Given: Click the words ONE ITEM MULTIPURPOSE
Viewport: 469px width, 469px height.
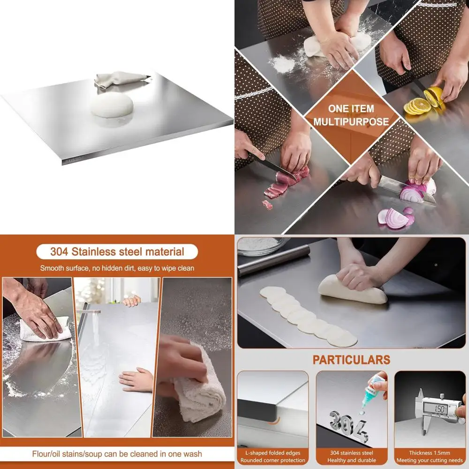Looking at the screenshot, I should [x=351, y=115].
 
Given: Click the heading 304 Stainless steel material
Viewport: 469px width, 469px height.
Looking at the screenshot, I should [x=117, y=251].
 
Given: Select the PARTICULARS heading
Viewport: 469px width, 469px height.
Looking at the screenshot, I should [x=351, y=360].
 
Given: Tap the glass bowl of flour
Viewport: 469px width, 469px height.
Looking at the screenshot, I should [x=262, y=245].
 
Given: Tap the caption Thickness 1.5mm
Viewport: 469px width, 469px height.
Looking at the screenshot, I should [x=429, y=453].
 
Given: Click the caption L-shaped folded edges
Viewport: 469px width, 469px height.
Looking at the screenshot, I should [x=273, y=453].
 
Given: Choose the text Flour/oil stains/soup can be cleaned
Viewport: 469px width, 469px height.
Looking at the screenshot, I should [x=117, y=454].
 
